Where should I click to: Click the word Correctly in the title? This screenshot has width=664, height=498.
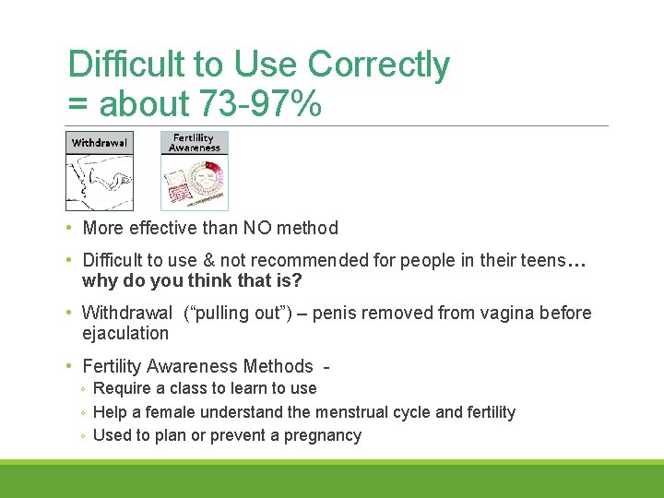378,65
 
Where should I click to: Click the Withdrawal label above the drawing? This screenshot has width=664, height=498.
99,143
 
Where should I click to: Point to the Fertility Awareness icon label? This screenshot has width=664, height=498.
195,142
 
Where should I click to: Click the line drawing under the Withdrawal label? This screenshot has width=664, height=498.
99,182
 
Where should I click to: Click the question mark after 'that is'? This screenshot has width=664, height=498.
297,281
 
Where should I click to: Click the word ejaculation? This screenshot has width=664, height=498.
125,333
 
